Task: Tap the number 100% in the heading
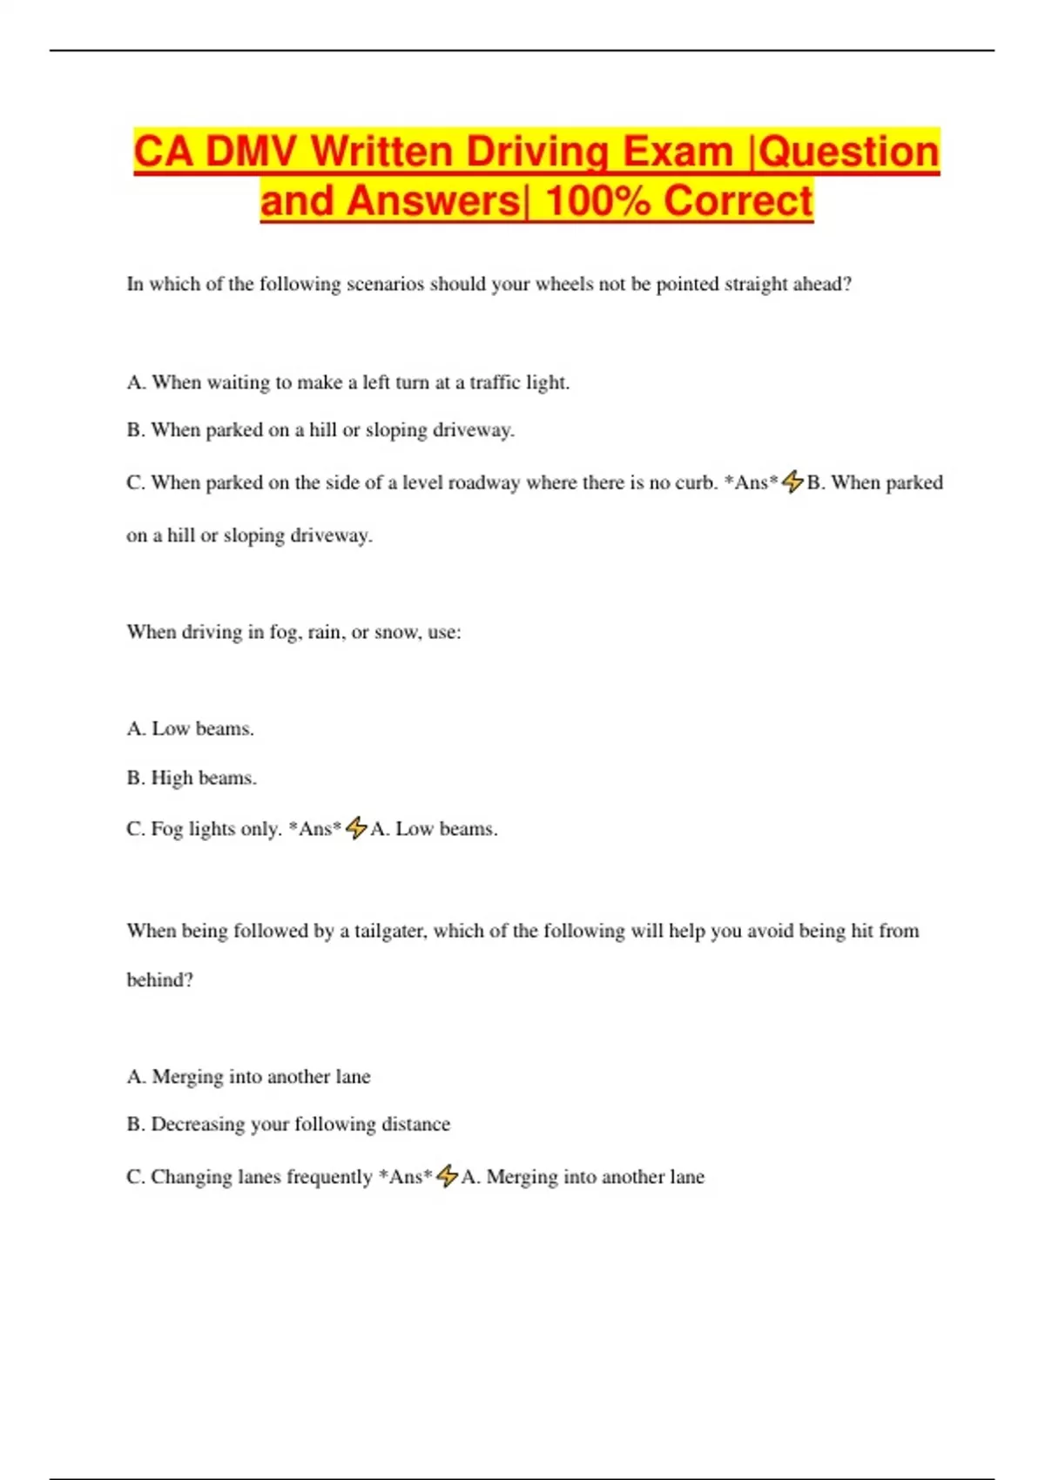pyautogui.click(x=597, y=201)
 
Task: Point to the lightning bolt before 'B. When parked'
pyautogui.click(x=792, y=481)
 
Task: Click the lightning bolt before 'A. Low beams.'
pyautogui.click(x=356, y=827)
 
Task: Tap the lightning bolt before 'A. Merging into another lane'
pyautogui.click(x=447, y=1175)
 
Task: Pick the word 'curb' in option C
pyautogui.click(x=694, y=482)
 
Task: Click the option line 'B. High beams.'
pyautogui.click(x=192, y=777)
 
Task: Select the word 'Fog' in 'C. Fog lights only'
pyautogui.click(x=166, y=829)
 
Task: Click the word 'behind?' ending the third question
pyautogui.click(x=159, y=979)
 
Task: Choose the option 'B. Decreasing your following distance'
pyautogui.click(x=288, y=1124)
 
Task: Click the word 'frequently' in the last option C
pyautogui.click(x=329, y=1177)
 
